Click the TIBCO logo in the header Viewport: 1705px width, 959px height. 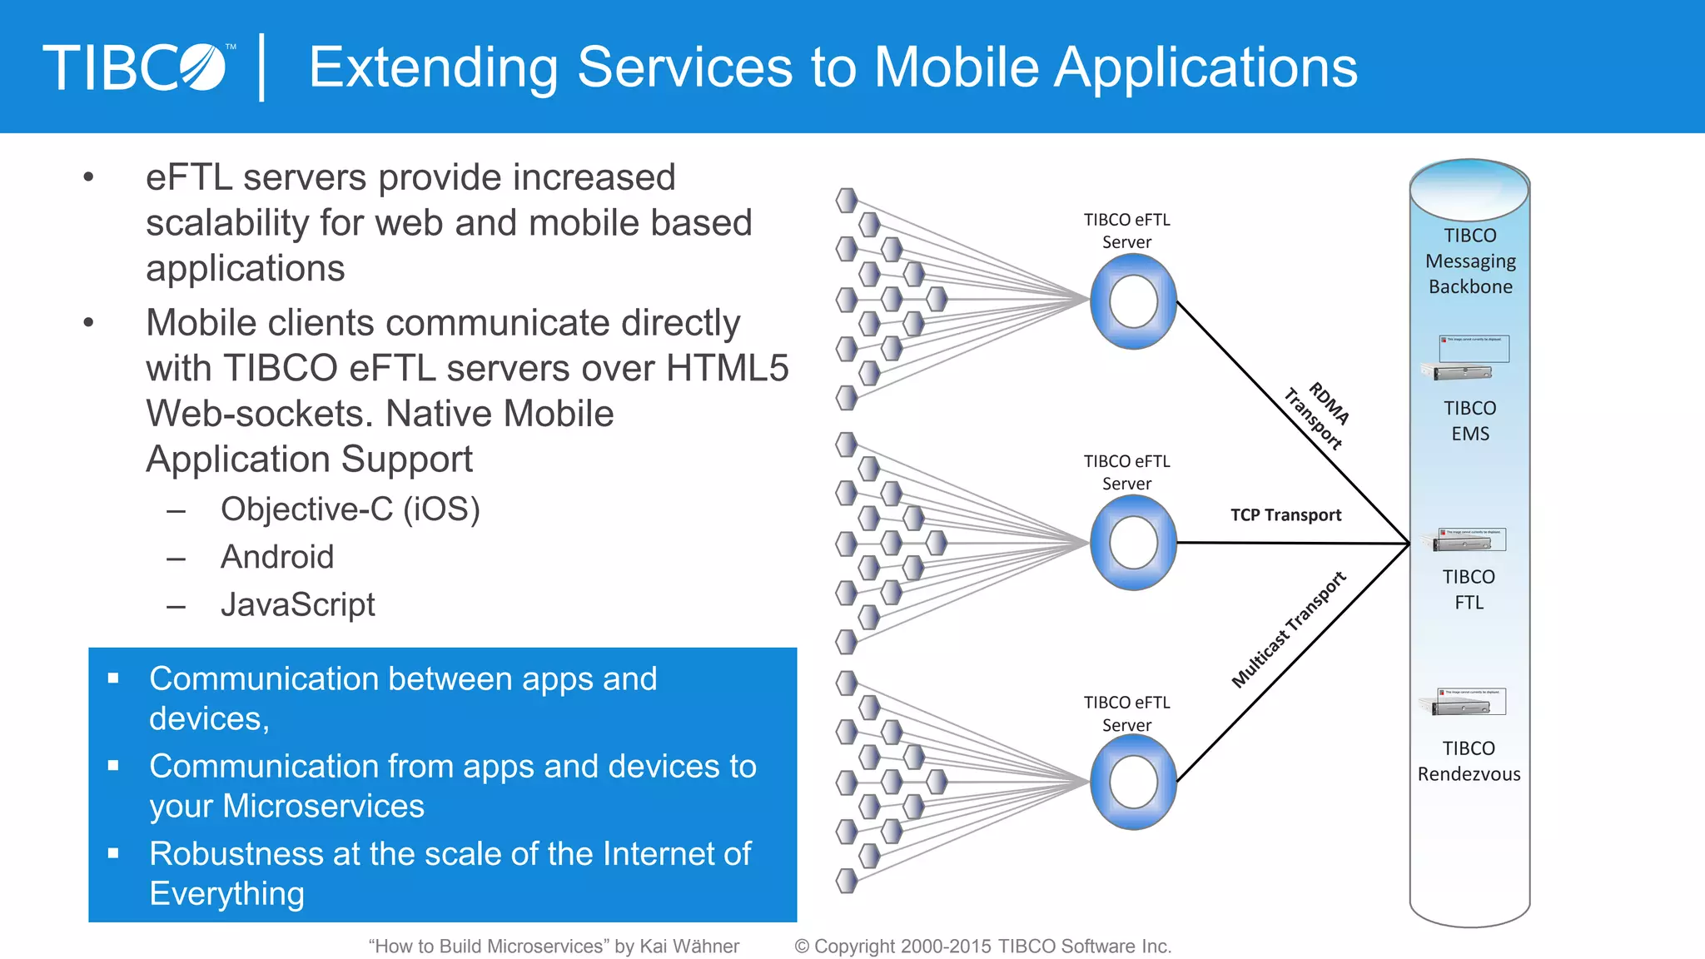(x=135, y=67)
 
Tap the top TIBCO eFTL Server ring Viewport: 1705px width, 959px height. (x=1133, y=301)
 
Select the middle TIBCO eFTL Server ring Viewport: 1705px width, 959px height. (x=1133, y=543)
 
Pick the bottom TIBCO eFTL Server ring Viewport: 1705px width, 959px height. (x=1133, y=783)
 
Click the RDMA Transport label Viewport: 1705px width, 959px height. (x=1319, y=415)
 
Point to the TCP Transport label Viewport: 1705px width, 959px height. (x=1285, y=515)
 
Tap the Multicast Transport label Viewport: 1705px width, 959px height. (x=1288, y=630)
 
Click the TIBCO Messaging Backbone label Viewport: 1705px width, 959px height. (x=1470, y=261)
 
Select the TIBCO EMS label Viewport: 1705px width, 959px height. (x=1470, y=421)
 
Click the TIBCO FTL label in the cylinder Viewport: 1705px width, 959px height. (x=1469, y=589)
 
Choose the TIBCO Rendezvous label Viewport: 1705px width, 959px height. (x=1469, y=761)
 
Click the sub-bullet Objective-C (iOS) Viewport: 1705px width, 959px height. (x=350, y=509)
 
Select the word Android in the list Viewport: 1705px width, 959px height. (x=277, y=557)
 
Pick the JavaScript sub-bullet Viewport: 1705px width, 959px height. (x=297, y=604)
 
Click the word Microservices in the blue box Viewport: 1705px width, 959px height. (x=324, y=806)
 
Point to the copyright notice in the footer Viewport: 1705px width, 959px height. (x=982, y=947)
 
